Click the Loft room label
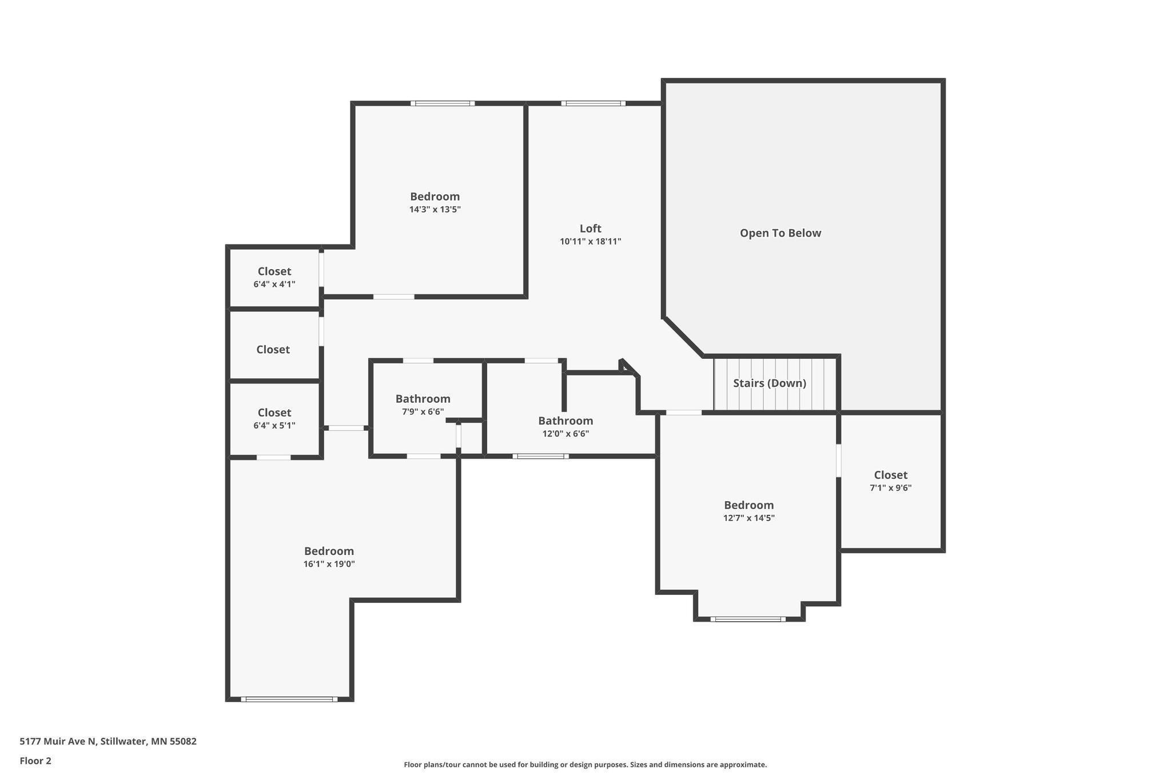tap(590, 229)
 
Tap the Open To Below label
tap(780, 233)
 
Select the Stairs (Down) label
tap(770, 383)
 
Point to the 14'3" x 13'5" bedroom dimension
tap(435, 209)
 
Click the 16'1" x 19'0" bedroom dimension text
tap(329, 564)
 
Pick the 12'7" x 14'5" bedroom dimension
tap(748, 518)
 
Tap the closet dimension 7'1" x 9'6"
tap(890, 488)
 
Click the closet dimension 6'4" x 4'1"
tap(274, 284)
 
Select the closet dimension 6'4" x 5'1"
tap(274, 425)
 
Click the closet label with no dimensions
tap(273, 350)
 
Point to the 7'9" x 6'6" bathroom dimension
tap(423, 411)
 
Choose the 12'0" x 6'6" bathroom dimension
tap(565, 434)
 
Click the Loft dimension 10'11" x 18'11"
tap(590, 241)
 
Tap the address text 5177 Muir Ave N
tap(58, 742)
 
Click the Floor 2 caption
tap(35, 761)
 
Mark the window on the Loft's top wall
tap(593, 103)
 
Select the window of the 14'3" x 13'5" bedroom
tap(442, 103)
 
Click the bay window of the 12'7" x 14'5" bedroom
tap(748, 619)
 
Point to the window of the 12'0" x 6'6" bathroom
tap(540, 456)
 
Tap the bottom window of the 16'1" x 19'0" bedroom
tap(289, 699)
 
